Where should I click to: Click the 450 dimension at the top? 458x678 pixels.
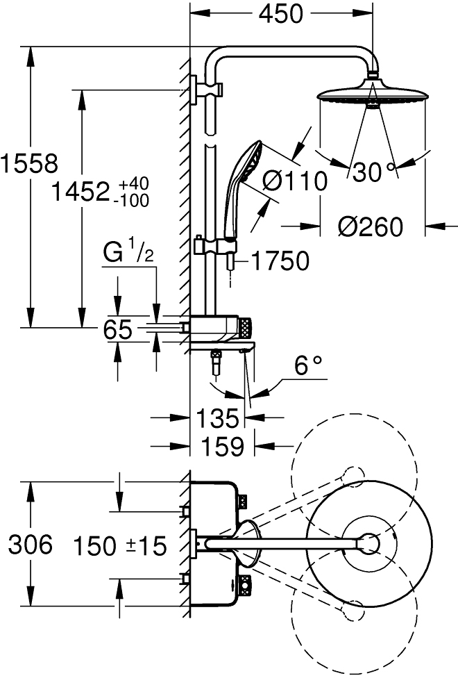click(x=281, y=13)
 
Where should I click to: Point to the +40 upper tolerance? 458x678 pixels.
click(x=134, y=183)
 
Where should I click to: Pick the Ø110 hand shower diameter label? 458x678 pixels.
click(x=296, y=182)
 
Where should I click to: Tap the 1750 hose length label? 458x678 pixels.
click(x=279, y=261)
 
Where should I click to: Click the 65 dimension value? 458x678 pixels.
click(x=118, y=329)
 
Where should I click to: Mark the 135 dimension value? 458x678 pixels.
click(x=218, y=418)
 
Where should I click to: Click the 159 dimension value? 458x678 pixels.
click(x=222, y=446)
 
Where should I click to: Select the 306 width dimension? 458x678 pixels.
click(x=30, y=545)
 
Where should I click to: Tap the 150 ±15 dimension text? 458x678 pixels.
click(x=122, y=547)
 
